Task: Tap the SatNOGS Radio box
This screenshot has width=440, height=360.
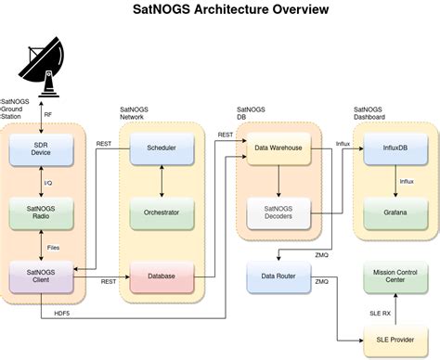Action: click(42, 212)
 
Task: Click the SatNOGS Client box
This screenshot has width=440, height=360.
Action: click(42, 275)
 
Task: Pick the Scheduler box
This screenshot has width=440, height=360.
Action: click(162, 149)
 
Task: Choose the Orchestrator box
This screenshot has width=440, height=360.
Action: click(162, 212)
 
